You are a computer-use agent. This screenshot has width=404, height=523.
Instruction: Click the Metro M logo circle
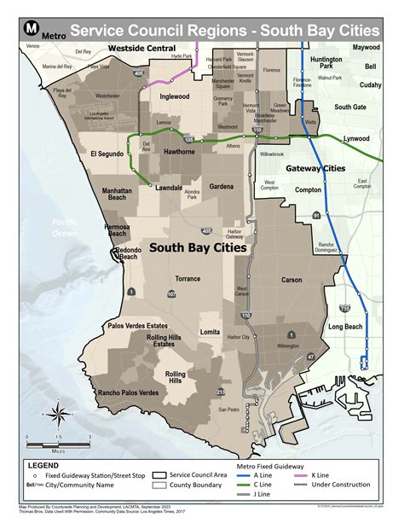pyautogui.click(x=29, y=30)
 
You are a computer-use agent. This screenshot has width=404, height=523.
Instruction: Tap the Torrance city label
pyautogui.click(x=188, y=279)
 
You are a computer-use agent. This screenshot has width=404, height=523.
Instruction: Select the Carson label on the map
pyautogui.click(x=291, y=279)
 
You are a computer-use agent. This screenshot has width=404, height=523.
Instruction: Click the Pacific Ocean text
pyautogui.click(x=62, y=227)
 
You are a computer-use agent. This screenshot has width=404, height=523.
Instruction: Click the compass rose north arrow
pyautogui.click(x=56, y=415)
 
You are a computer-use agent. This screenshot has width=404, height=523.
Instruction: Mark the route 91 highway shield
pyautogui.click(x=315, y=217)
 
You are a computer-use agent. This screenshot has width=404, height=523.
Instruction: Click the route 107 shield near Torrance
pyautogui.click(x=171, y=294)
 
